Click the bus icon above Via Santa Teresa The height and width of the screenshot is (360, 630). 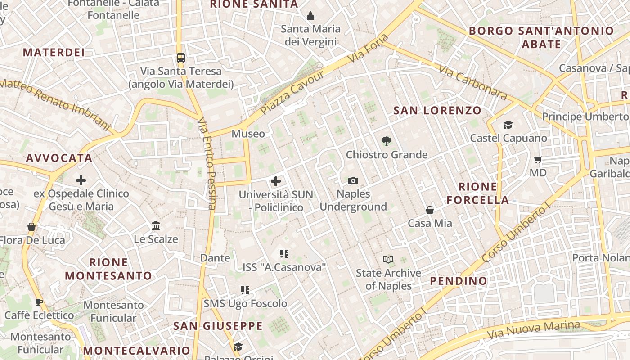click(180, 58)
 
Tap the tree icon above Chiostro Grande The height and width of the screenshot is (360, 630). click(386, 141)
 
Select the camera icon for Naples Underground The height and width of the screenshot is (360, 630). click(353, 181)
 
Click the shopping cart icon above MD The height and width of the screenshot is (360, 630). click(538, 159)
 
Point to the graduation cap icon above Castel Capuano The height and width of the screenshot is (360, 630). click(508, 125)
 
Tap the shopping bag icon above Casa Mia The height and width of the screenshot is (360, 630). click(430, 210)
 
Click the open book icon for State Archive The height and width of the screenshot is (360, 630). click(388, 259)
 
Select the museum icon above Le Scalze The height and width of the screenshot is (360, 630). click(156, 225)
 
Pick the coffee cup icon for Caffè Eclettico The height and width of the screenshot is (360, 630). click(39, 302)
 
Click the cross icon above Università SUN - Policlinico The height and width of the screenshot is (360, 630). click(276, 181)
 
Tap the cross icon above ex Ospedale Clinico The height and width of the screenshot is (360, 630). click(81, 181)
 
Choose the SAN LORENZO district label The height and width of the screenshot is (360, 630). click(437, 111)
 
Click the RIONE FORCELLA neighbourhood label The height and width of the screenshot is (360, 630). click(477, 193)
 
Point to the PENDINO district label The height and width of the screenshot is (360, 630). click(459, 281)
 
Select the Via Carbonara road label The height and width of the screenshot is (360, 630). click(472, 84)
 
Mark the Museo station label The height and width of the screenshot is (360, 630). click(248, 134)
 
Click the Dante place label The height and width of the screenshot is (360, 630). click(215, 258)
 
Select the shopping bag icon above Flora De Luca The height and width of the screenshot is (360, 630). click(31, 227)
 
